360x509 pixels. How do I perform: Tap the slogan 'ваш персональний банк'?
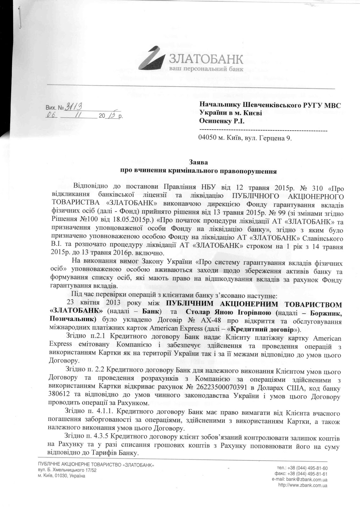206,69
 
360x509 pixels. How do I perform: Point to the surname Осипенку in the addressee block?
215,121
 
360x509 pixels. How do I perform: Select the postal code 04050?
207,138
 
